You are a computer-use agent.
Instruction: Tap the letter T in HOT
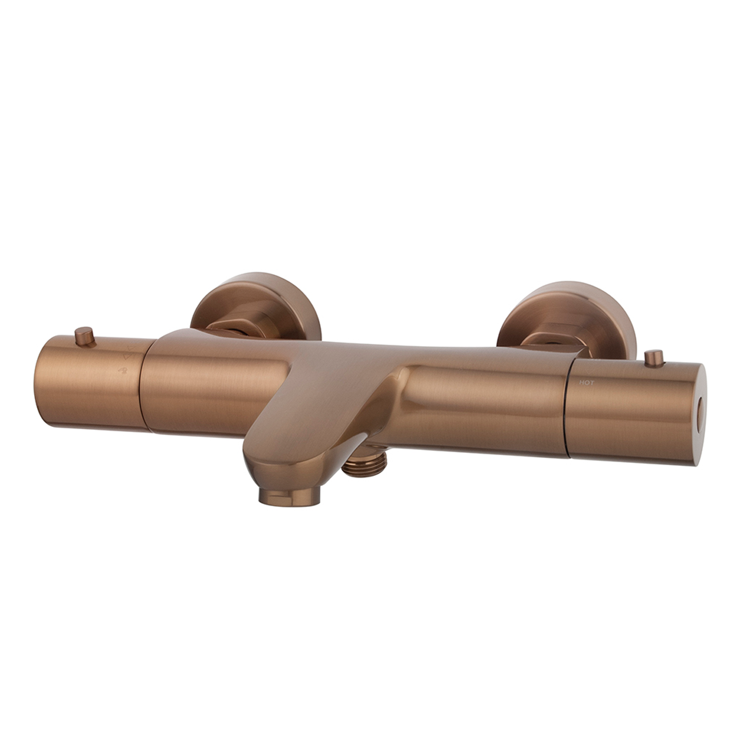[592, 383]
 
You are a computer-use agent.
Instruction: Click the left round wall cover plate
[255, 306]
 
